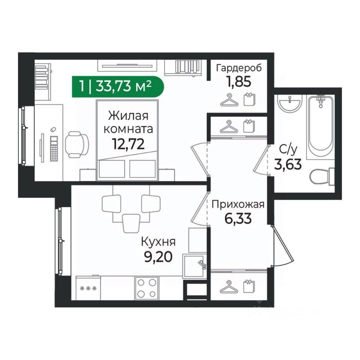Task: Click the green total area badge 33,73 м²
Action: coord(117,87)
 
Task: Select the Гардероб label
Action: coord(239,68)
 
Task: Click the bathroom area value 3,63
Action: coord(288,164)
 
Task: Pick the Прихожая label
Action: coord(238,204)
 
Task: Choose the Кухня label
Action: coord(158,242)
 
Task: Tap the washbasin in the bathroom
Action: coord(289,103)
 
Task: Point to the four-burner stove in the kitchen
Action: coord(147,288)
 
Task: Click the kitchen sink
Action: coord(194,265)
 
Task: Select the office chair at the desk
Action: coord(77,144)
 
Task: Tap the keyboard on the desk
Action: coord(54,148)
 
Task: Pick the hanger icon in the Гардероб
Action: coord(229,100)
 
